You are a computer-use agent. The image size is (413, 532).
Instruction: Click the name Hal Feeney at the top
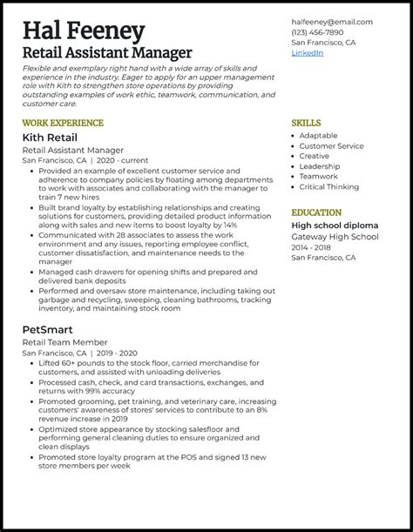coord(84,32)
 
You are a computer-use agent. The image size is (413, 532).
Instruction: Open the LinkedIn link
coord(308,53)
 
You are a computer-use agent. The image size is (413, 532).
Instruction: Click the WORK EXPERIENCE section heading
coord(63,123)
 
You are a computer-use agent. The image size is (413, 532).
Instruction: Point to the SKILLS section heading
coord(305,123)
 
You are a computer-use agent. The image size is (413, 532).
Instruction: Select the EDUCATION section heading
coord(317,212)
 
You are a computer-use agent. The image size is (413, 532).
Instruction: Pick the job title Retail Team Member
coord(62,345)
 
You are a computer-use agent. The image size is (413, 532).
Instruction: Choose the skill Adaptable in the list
coord(318,137)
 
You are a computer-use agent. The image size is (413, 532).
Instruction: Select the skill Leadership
coord(321,166)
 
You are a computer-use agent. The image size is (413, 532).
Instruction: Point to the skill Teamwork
coord(320,177)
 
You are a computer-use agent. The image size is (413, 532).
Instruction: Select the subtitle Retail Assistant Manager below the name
coord(108,55)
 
